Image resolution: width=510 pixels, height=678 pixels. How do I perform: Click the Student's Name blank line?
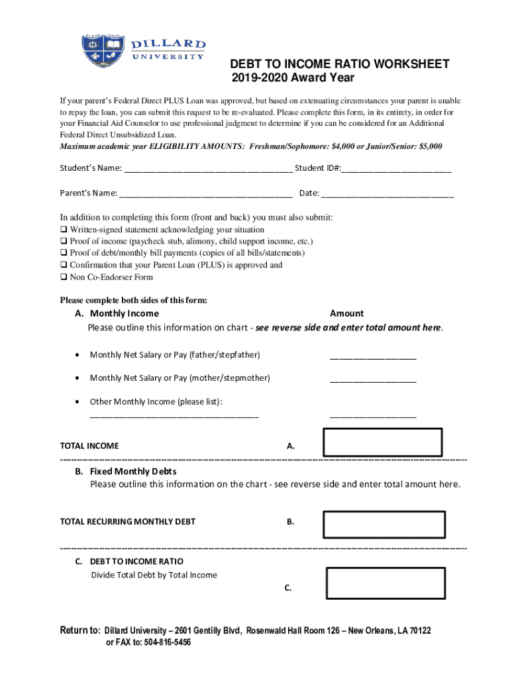pos(208,169)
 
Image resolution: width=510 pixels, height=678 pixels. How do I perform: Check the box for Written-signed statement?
pos(64,230)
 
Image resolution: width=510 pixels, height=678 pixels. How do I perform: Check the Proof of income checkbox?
pos(64,242)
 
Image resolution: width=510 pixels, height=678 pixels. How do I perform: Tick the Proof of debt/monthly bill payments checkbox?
pos(64,254)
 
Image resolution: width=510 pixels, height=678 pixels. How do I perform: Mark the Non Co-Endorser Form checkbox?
pos(64,277)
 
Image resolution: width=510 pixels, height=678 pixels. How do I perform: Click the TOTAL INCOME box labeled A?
pos(383,443)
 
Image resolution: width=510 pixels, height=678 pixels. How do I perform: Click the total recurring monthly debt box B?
pos(383,524)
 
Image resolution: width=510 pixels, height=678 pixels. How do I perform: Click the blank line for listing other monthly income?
pos(174,416)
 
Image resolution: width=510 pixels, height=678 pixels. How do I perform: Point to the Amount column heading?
pos(346,314)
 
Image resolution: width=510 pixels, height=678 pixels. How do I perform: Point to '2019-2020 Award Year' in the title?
pos(293,79)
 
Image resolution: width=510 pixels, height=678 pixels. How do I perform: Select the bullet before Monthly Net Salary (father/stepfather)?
pos(79,355)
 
